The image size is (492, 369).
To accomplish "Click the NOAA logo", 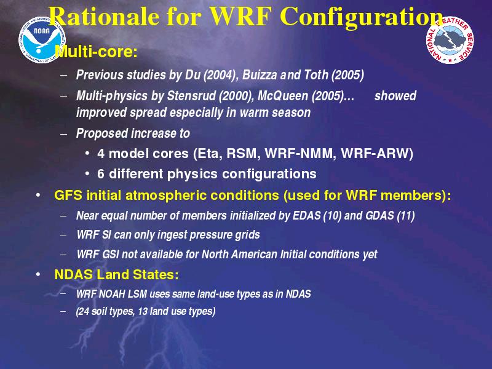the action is click(x=42, y=40).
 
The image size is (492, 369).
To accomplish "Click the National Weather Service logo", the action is click(x=450, y=40).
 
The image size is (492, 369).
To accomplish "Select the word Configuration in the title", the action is click(x=361, y=17).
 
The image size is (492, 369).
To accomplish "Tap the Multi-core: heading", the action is click(x=97, y=51).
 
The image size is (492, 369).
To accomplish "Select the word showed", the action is click(x=395, y=96).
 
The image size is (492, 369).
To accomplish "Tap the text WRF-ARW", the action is click(x=375, y=154).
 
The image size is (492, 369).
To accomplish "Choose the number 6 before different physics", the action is click(x=100, y=174).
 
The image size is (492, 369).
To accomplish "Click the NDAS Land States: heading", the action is click(x=116, y=274).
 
